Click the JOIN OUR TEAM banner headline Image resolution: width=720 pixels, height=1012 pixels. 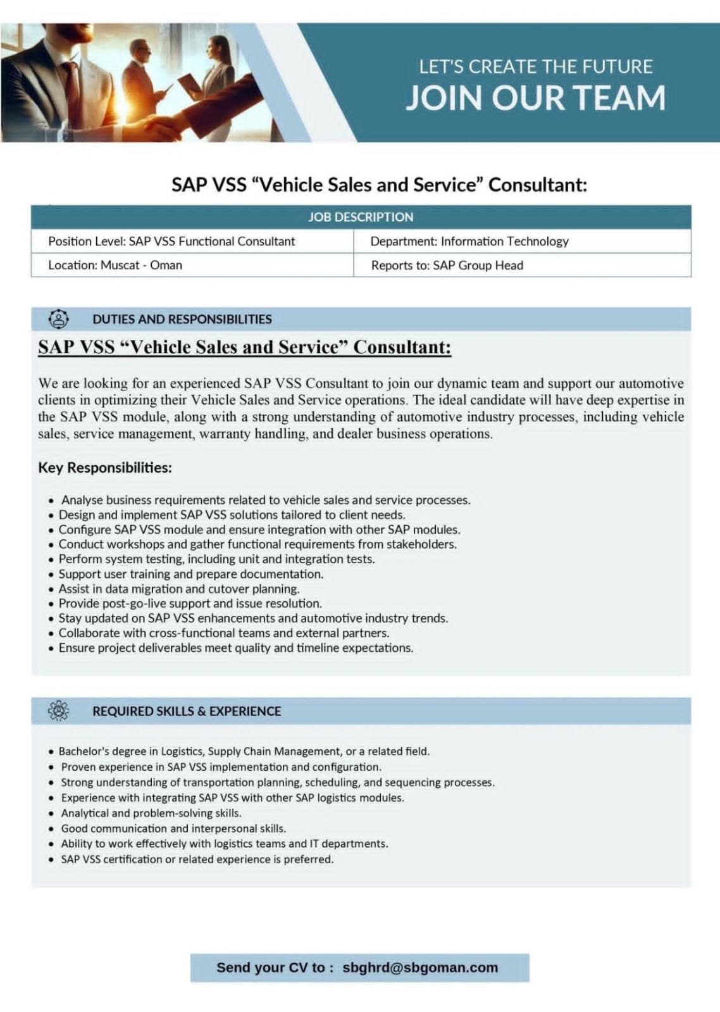(535, 98)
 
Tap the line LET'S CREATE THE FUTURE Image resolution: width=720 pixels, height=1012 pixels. (535, 66)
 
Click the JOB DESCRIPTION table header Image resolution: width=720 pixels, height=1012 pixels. (361, 217)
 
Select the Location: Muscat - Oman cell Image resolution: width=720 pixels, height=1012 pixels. (115, 265)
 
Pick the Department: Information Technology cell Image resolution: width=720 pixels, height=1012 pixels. (469, 241)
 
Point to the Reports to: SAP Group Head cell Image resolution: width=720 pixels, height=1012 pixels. (447, 265)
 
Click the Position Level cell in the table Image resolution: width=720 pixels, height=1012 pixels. (171, 241)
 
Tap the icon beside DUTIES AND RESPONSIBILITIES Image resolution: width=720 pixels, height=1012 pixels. (59, 319)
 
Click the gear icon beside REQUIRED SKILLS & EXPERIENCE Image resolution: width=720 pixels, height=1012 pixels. (59, 711)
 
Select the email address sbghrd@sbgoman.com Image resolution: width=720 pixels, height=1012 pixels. (420, 967)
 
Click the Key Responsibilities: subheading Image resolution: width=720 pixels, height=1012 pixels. (105, 468)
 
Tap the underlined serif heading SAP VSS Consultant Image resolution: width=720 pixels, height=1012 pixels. (244, 347)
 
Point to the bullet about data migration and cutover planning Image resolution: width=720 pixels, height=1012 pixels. (179, 589)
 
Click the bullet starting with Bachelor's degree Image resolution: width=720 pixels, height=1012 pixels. (244, 751)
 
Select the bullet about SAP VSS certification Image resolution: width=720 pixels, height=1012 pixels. (197, 859)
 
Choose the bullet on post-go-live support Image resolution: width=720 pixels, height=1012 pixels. (190, 603)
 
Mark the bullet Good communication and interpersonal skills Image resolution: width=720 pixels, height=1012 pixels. (173, 828)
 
